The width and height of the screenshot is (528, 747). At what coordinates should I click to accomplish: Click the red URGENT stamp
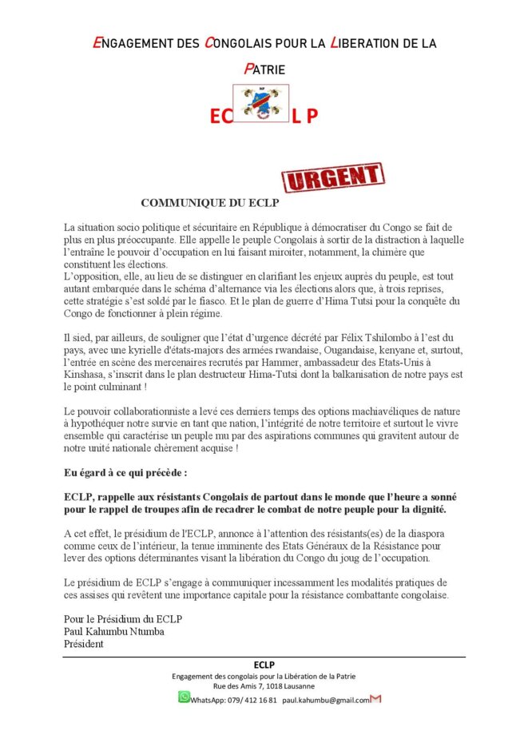pyautogui.click(x=334, y=178)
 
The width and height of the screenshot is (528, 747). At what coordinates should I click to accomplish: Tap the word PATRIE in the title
pyautogui.click(x=264, y=70)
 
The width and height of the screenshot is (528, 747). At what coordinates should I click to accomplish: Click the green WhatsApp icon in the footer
pyautogui.click(x=184, y=697)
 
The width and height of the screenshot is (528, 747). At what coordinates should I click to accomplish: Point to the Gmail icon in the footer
pyautogui.click(x=376, y=699)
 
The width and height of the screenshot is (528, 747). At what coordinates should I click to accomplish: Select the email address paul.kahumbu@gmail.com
pyautogui.click(x=326, y=700)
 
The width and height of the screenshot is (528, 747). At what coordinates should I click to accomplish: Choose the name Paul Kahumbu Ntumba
pyautogui.click(x=114, y=631)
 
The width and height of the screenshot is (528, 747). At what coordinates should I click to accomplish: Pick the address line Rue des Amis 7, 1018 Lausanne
pyautogui.click(x=264, y=686)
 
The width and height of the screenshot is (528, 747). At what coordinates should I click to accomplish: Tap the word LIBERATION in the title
pyautogui.click(x=367, y=43)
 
